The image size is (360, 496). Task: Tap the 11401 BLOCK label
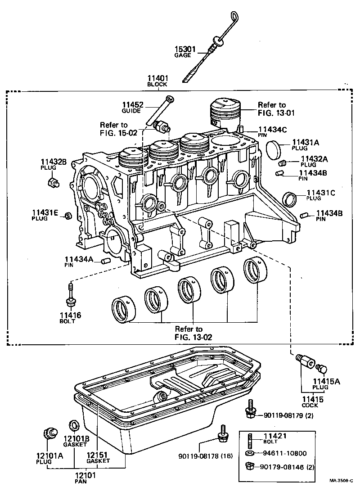[x=157, y=81]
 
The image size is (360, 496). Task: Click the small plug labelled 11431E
[x=67, y=216]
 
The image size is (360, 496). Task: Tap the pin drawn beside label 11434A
[x=106, y=261]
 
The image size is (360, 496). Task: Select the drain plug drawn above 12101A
[x=49, y=433]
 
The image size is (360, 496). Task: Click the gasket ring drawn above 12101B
[x=73, y=425]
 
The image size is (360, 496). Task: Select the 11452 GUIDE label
[x=132, y=107]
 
